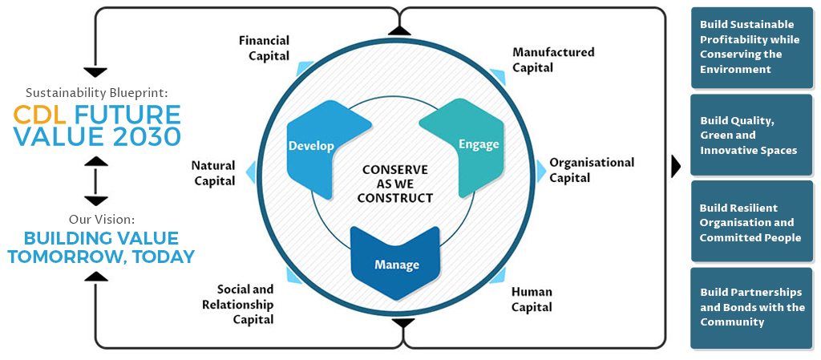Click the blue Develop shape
click(317, 148)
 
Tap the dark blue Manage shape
click(396, 261)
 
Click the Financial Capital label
click(264, 48)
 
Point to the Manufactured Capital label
click(552, 59)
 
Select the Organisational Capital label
click(591, 169)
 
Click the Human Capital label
click(532, 299)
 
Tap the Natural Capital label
click(213, 172)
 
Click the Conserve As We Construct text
click(396, 184)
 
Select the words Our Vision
click(96, 219)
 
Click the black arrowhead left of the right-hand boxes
click(676, 166)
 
